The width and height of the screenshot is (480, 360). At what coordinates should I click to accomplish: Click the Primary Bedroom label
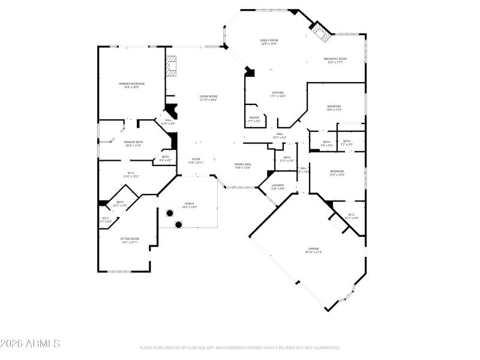coord(131,83)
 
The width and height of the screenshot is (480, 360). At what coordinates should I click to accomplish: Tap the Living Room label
coord(208,96)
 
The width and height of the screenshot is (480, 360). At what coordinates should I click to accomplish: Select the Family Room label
coord(269,40)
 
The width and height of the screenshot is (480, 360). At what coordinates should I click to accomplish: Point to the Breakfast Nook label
coord(335,58)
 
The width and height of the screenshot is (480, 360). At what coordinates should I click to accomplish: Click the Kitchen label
coord(277,92)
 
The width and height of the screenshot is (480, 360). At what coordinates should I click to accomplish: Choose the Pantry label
coord(254,118)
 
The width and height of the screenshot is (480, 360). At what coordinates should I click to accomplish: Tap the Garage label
coord(313,248)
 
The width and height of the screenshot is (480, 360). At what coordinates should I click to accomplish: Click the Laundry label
coord(277,185)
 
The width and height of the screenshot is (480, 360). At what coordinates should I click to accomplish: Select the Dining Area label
coord(242,164)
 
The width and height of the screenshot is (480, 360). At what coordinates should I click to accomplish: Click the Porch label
coord(190,203)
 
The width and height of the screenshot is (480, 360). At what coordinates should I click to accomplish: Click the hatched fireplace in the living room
coord(172,65)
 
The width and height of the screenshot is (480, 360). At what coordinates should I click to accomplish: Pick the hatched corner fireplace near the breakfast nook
coord(322,34)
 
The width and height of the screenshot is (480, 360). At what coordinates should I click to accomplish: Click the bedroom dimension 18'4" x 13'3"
coord(334,110)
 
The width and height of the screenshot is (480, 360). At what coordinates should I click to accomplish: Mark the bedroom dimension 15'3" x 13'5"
coord(337,175)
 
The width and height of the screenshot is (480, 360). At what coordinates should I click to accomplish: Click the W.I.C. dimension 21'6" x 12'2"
coord(131,176)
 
